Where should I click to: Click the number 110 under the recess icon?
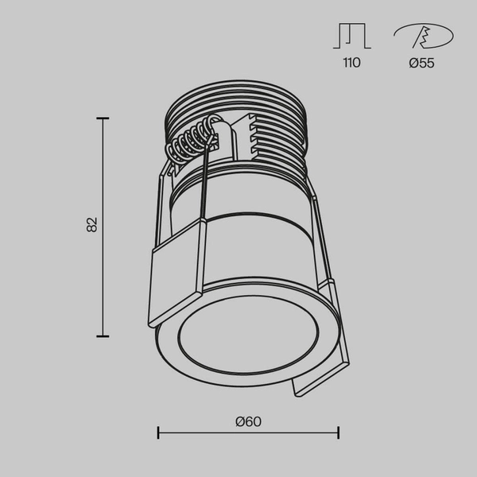[x=351, y=63]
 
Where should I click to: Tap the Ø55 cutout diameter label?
[x=421, y=63]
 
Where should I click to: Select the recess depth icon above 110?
[x=351, y=37]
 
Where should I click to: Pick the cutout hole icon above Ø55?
[x=422, y=36]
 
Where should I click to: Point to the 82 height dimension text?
[x=92, y=224]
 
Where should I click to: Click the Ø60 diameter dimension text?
[x=248, y=421]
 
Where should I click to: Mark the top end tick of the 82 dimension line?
[x=103, y=118]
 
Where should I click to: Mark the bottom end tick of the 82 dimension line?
[x=103, y=336]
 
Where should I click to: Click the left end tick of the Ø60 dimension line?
[x=159, y=432]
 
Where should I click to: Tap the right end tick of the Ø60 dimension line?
[x=339, y=432]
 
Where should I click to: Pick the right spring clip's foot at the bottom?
[x=318, y=382]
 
